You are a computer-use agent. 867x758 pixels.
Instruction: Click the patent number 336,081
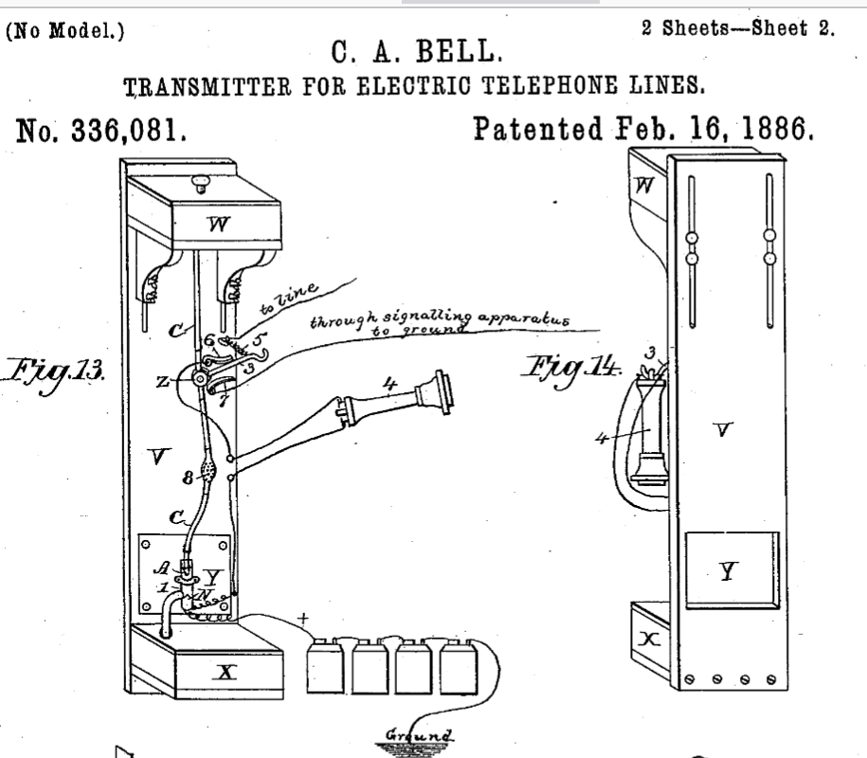click(x=128, y=131)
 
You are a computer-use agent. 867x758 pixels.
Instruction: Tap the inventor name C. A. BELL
click(x=417, y=52)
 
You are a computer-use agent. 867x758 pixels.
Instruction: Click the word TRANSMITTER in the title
click(x=208, y=87)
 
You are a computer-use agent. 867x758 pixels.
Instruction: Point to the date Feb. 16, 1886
click(x=714, y=129)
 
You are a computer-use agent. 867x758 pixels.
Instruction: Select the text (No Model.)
click(x=65, y=30)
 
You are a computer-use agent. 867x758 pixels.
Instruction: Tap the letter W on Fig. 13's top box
click(x=218, y=224)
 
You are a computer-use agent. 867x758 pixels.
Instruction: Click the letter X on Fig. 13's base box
click(x=226, y=673)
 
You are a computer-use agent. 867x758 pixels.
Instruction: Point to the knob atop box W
click(x=200, y=182)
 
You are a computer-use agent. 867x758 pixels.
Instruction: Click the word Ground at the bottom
click(x=419, y=735)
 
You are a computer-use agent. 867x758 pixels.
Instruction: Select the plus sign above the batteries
click(x=303, y=619)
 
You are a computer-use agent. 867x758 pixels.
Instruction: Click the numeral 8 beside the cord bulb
click(x=188, y=478)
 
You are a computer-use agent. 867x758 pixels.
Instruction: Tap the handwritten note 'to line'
click(x=288, y=299)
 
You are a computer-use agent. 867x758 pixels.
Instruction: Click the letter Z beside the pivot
click(x=162, y=382)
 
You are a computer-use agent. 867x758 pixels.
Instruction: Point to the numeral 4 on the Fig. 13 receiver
click(x=390, y=384)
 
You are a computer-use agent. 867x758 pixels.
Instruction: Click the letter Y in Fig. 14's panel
click(x=729, y=571)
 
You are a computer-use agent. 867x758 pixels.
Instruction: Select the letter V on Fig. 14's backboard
click(x=723, y=429)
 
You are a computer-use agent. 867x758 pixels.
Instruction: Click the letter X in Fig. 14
click(x=648, y=640)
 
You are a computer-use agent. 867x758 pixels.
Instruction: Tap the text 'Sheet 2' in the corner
click(x=793, y=28)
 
